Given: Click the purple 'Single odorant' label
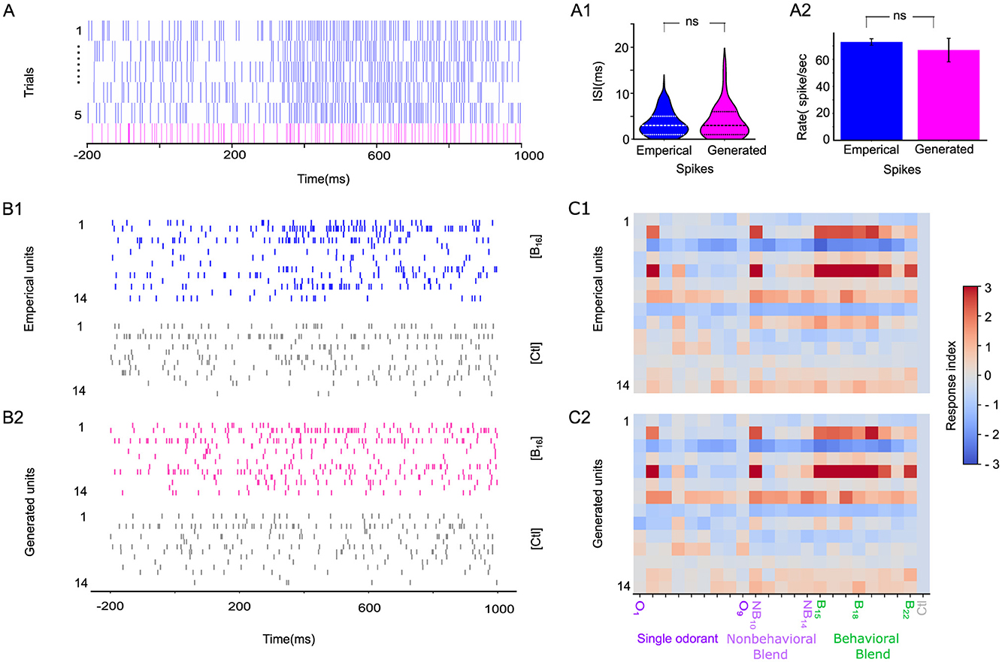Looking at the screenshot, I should click(x=678, y=639).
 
